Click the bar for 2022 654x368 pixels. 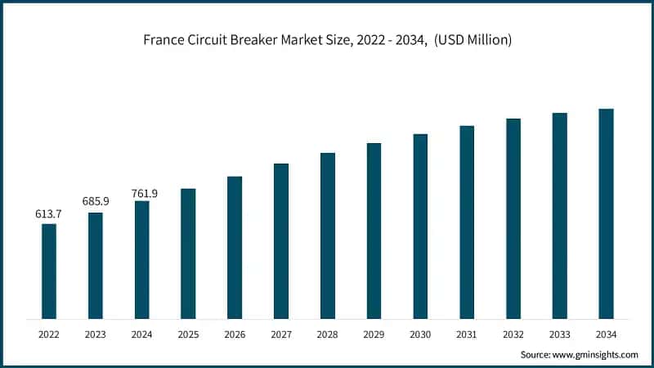(49, 271)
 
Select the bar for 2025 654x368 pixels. (188, 254)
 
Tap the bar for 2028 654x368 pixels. (328, 236)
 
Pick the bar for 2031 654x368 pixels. (467, 222)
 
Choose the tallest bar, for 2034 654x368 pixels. (606, 213)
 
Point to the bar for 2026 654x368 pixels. (235, 247)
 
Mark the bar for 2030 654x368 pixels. (420, 226)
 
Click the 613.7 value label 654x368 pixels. (48, 214)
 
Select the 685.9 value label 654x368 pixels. (95, 201)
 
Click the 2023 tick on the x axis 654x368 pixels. (96, 334)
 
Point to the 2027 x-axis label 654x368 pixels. (281, 334)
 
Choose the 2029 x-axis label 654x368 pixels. (374, 334)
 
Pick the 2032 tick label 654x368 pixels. (513, 334)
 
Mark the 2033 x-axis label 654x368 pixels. (559, 334)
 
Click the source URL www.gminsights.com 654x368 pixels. (596, 355)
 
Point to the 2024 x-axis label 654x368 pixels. (142, 334)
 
